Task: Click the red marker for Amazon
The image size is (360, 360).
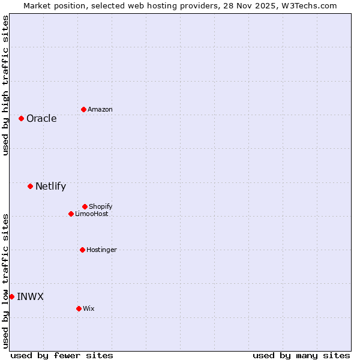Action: pos(83,109)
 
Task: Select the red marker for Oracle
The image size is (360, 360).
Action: pos(21,118)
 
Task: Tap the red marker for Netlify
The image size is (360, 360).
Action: pos(30,186)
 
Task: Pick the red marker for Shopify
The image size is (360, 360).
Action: pos(85,206)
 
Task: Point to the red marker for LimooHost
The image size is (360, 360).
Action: pos(71,214)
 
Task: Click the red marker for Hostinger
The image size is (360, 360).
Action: pos(82,250)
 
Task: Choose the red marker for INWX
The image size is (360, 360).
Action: pos(11,296)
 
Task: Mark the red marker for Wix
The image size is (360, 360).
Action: pos(79,308)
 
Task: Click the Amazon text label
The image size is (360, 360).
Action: pos(100,109)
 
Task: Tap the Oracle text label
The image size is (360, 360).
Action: pos(41,118)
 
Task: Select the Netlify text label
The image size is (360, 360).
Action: pos(50,186)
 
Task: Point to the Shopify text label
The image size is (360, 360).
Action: pos(101,206)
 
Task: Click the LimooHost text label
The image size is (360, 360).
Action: pos(92,214)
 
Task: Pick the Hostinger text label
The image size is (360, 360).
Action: pos(101,250)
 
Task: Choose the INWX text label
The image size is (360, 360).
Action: pos(30,296)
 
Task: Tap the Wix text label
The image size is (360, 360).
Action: pos(89,308)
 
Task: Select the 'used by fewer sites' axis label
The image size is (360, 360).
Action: pos(62,355)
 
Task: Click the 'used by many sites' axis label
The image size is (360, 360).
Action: pos(301,355)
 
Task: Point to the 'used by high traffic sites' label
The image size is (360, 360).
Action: pos(5,85)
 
